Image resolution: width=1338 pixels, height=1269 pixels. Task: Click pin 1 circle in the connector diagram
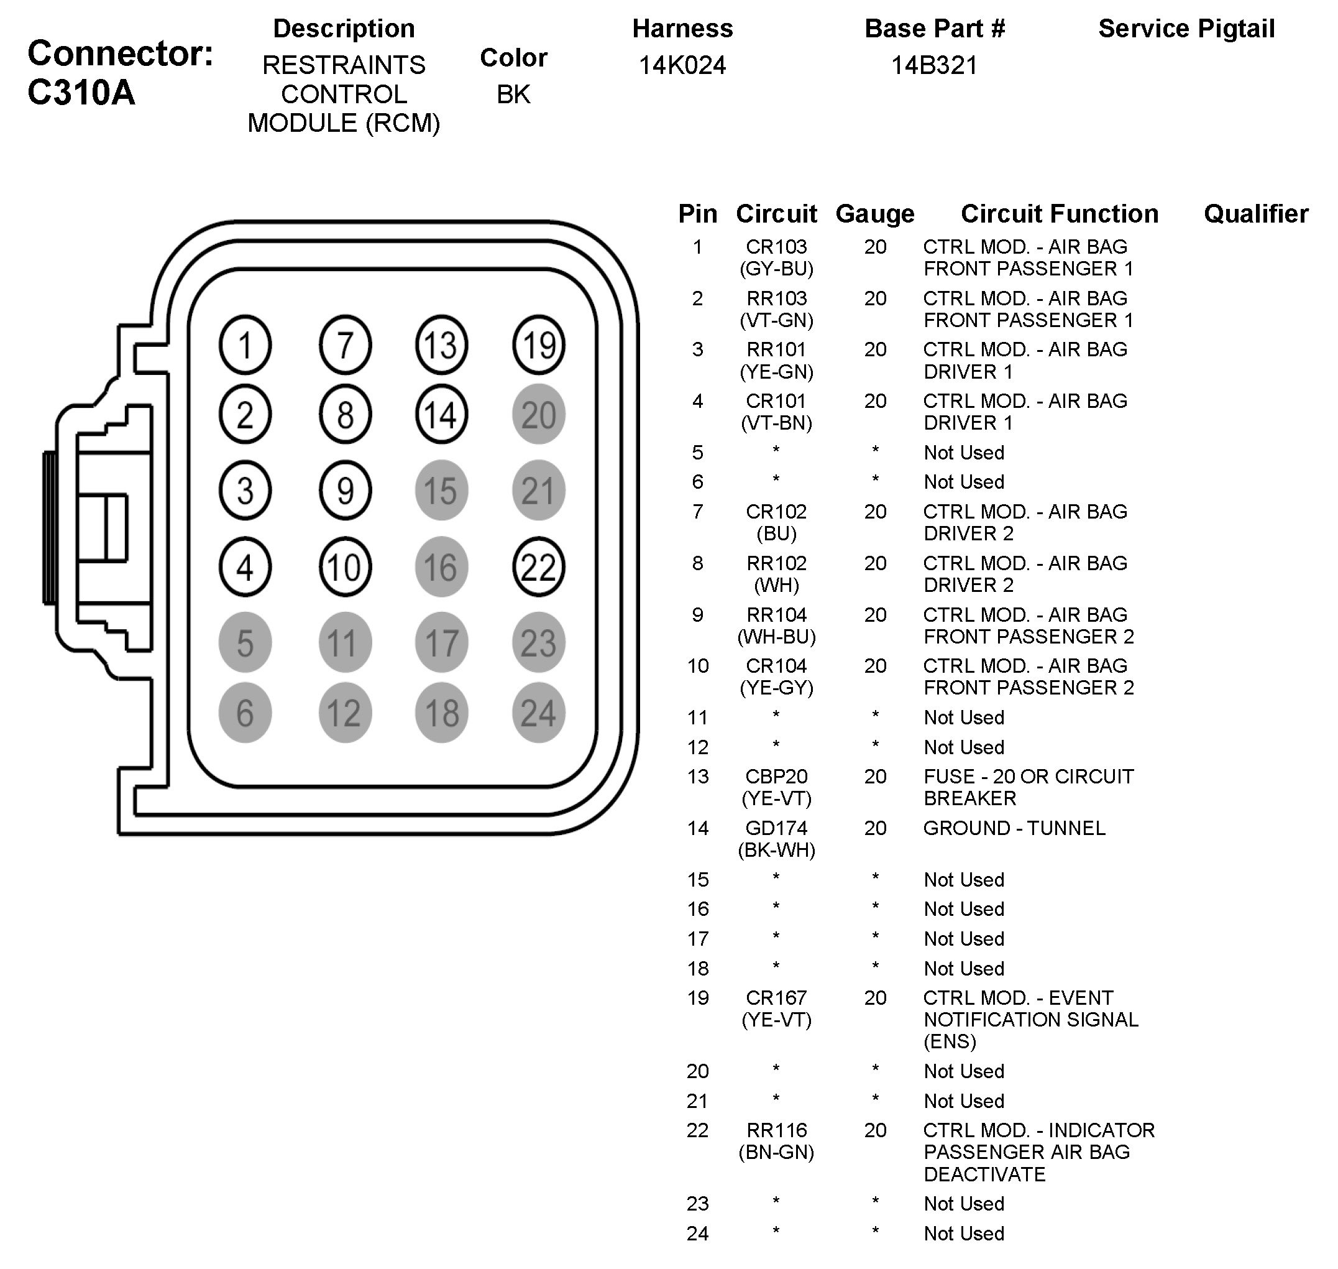coord(245,345)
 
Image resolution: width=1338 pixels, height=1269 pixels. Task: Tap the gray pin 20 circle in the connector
coord(538,415)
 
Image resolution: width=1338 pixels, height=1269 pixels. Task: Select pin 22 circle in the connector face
coord(538,567)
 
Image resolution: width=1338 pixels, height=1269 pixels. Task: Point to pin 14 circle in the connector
coord(441,415)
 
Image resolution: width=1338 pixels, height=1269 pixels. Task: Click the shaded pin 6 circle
coord(245,713)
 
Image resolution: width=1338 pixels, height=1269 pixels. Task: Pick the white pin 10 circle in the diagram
coord(345,567)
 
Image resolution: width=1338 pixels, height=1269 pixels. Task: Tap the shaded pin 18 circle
coord(441,713)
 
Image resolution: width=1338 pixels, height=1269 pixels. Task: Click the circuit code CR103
coord(776,247)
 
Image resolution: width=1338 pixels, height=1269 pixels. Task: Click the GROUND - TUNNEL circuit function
coord(1014,828)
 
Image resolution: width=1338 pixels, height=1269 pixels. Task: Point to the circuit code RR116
coord(776,1130)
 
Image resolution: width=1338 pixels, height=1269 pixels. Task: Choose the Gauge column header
coord(874,214)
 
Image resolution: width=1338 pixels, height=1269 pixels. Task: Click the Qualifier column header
coord(1255,214)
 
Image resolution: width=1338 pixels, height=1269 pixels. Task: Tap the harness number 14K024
coord(682,66)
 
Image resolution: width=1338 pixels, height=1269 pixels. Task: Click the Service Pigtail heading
coord(1186,29)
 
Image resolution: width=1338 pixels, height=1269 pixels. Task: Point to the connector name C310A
coord(81,93)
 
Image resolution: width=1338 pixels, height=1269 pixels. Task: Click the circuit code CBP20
coord(776,777)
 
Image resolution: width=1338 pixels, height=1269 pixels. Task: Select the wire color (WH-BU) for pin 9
coord(776,637)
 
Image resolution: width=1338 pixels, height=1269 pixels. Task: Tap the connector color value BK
coord(513,95)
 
